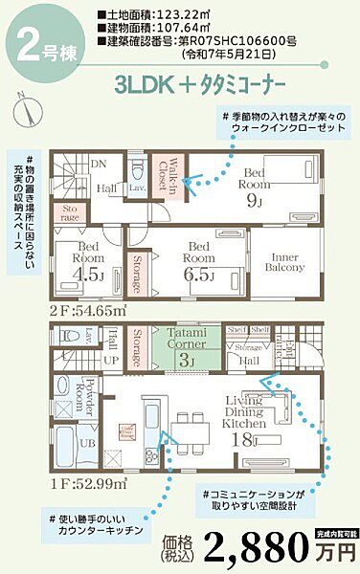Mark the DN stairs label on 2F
(97, 164)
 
